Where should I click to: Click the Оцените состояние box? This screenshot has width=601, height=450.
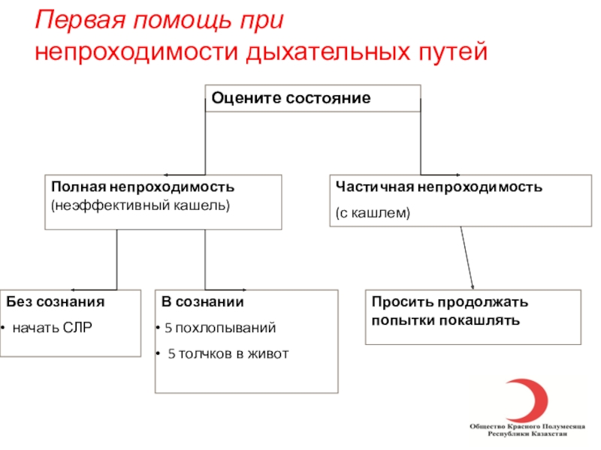click(x=313, y=98)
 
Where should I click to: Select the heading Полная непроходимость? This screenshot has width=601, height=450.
click(x=143, y=185)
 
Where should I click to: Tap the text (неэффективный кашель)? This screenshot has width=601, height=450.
click(x=140, y=204)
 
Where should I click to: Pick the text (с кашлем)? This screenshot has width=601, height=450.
click(x=373, y=213)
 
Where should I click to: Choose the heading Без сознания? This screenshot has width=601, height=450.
click(x=56, y=302)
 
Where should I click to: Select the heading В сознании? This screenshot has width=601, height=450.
click(x=203, y=302)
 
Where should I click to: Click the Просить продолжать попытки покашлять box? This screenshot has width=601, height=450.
click(x=473, y=316)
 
